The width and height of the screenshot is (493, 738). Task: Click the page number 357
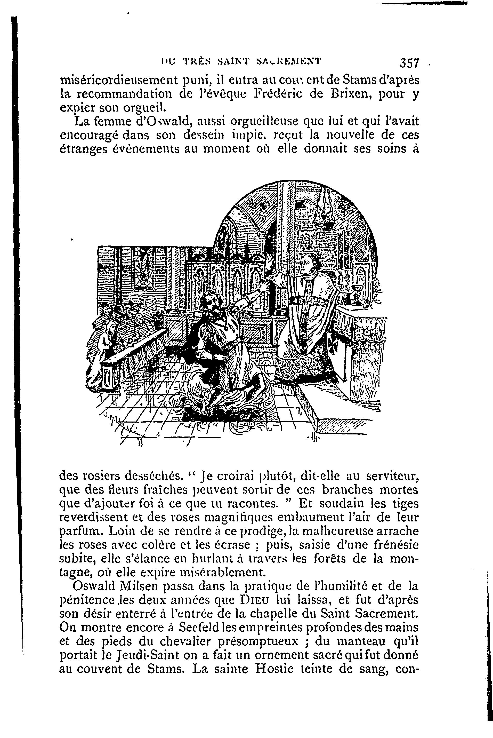pos(409,63)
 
